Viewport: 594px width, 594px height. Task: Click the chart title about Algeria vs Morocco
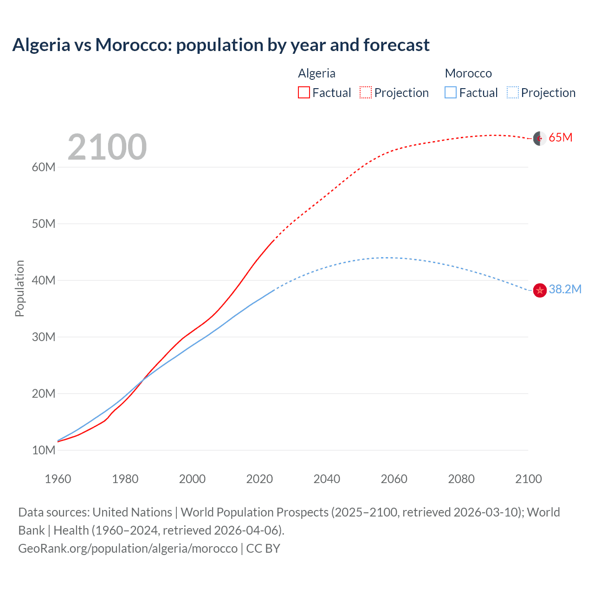tap(221, 45)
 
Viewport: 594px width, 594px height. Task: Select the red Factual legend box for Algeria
tap(303, 92)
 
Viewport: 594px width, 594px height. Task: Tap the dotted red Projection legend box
tap(366, 92)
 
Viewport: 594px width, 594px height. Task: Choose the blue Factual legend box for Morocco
tap(450, 92)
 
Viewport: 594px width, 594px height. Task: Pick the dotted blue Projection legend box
tap(513, 92)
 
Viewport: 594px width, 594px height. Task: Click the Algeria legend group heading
tap(316, 73)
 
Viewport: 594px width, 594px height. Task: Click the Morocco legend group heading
tap(468, 73)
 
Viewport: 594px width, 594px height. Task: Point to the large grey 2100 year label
tap(107, 147)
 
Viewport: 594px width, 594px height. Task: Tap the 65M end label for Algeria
tap(560, 137)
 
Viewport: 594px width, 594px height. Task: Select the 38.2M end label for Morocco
tap(565, 289)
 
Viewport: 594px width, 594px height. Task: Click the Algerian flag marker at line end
tap(539, 138)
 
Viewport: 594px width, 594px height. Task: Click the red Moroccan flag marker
tap(539, 291)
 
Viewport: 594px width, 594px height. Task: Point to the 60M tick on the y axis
tap(44, 167)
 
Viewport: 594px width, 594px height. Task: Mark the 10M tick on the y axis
tap(44, 450)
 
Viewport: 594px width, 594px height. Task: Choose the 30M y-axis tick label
tap(44, 337)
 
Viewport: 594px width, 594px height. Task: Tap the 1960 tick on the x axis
tap(58, 479)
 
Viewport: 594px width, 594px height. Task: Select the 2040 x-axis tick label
tap(327, 479)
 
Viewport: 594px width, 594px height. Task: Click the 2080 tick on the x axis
tap(461, 479)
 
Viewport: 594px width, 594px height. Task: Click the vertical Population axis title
tap(19, 288)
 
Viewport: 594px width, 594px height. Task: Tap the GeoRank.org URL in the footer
tap(128, 549)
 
